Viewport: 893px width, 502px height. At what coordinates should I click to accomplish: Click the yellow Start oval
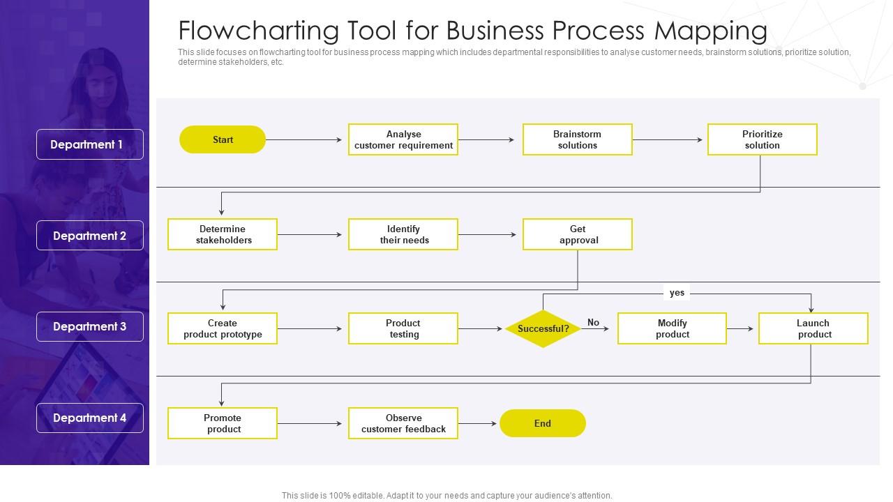[223, 139]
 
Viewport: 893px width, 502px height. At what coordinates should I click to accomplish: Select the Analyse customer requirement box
[403, 139]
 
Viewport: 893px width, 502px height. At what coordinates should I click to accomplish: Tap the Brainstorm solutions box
[577, 139]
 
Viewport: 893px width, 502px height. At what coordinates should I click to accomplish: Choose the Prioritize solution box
[762, 139]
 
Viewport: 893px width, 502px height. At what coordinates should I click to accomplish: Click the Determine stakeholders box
[223, 234]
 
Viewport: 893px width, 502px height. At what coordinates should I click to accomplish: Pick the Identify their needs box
[403, 234]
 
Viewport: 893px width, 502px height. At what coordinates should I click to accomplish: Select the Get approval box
[577, 234]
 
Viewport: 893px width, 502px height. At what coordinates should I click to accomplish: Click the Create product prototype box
[223, 328]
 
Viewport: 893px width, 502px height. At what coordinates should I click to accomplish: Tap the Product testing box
[403, 328]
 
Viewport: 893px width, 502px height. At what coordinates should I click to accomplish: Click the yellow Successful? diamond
[543, 328]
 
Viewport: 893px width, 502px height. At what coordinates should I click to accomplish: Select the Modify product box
[672, 328]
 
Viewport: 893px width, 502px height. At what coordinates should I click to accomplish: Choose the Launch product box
[813, 328]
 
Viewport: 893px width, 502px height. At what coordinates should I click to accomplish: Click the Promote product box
[223, 423]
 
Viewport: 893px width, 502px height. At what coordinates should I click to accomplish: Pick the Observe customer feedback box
[403, 423]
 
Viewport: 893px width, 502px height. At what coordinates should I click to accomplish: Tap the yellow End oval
[543, 423]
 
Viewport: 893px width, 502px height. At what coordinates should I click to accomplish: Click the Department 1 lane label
[90, 144]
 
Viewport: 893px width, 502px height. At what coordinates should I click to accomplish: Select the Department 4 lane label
[90, 418]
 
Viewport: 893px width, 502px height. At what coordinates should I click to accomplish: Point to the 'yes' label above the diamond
[677, 293]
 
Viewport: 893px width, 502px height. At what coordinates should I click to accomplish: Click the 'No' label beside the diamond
[593, 322]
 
